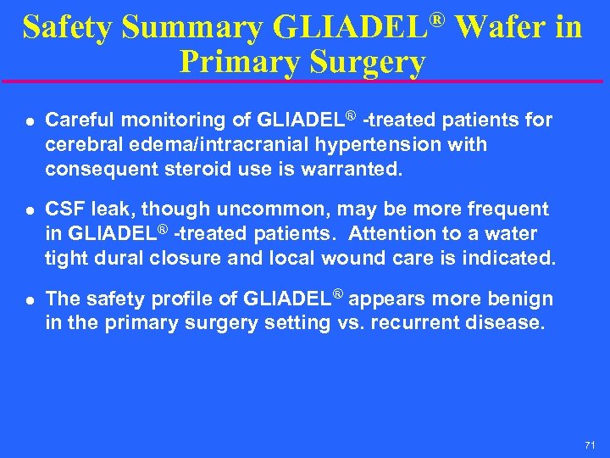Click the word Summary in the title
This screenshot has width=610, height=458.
(192, 27)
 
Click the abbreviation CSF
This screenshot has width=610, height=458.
(64, 209)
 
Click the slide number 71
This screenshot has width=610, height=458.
(590, 445)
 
